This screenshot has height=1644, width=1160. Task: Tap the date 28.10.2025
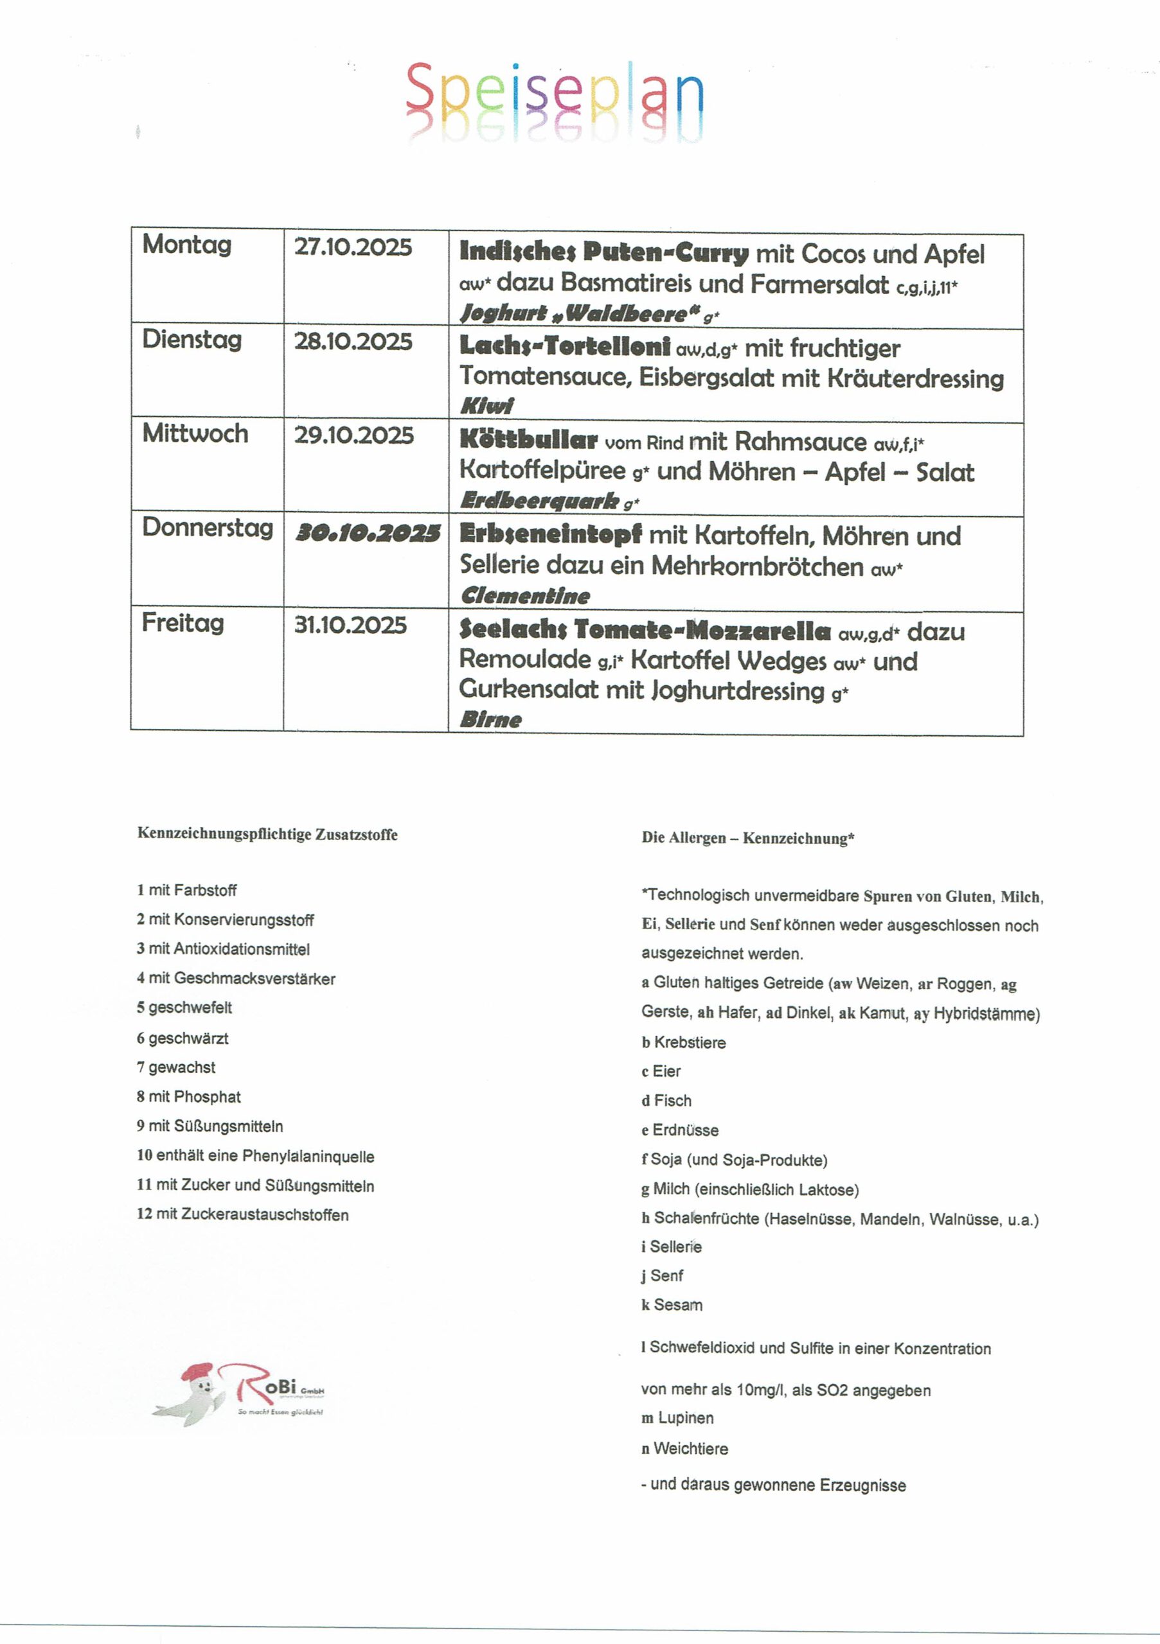coord(353,342)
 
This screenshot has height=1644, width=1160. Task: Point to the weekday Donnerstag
coord(208,528)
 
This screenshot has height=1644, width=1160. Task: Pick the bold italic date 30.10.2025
coord(368,534)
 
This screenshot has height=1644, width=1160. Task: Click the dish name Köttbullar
coord(528,441)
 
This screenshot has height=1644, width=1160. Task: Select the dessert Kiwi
coord(487,406)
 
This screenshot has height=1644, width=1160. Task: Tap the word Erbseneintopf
coord(550,535)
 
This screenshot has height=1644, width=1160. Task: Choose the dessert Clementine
coord(525,596)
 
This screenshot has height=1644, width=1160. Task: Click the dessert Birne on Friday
coord(491,720)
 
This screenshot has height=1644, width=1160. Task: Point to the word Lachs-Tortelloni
coord(565,347)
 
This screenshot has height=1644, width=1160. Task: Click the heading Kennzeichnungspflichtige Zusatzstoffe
coord(267,834)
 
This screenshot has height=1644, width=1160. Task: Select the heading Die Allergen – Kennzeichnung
coord(747,839)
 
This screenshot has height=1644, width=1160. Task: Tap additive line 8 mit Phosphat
coord(189,1097)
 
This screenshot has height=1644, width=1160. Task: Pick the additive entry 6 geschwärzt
coord(183,1038)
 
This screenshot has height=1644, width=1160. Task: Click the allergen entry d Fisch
coord(666,1101)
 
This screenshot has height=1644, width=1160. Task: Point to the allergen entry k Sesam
coord(672,1304)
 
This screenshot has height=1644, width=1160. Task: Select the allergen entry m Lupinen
coord(677,1418)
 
